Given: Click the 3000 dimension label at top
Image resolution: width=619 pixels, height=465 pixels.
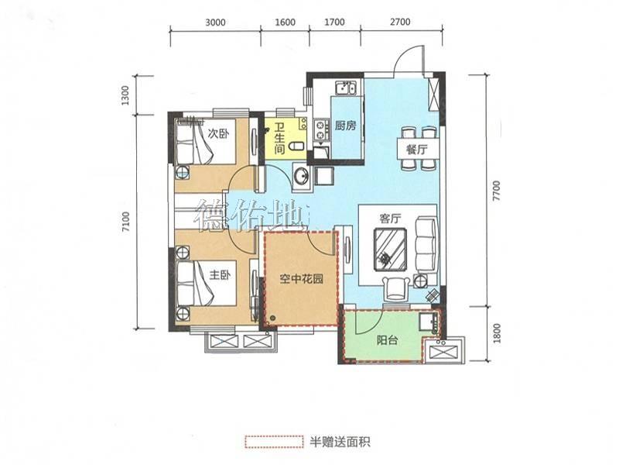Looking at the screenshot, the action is [x=216, y=22].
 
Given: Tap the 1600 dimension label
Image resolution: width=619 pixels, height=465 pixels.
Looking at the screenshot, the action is [x=285, y=22].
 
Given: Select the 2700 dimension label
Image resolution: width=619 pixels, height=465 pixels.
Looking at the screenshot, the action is [x=400, y=22].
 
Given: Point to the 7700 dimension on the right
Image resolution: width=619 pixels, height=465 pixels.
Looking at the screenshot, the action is [x=496, y=191].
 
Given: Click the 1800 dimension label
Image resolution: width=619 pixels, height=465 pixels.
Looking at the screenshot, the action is [x=497, y=333].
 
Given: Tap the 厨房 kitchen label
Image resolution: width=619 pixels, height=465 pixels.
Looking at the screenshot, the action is [x=345, y=126].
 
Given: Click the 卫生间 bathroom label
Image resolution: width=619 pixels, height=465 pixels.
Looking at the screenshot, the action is [x=279, y=139].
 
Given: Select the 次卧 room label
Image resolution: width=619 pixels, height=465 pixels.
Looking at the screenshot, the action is [x=218, y=134].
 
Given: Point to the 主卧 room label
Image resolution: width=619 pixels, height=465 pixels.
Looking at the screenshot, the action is [x=221, y=275].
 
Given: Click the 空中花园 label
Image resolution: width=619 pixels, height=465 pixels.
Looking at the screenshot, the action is [x=302, y=279].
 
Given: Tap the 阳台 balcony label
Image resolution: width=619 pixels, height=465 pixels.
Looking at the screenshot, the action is [x=387, y=340].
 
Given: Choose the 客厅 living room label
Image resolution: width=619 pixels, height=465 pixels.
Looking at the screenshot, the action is [x=391, y=219].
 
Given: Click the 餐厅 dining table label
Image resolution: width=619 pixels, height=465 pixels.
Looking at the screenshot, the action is [x=417, y=150].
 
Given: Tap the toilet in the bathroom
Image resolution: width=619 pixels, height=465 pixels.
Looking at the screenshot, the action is [x=296, y=147].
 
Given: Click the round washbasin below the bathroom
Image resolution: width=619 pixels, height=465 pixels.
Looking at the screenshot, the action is [x=302, y=175].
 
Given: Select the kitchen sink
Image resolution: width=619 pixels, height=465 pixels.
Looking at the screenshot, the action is [x=346, y=88].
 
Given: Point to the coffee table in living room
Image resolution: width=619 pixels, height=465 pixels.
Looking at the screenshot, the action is [x=391, y=250].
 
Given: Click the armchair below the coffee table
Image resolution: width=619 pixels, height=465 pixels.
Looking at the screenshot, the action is [x=396, y=288].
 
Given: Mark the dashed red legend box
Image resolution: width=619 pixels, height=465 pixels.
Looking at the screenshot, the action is [x=274, y=442].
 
